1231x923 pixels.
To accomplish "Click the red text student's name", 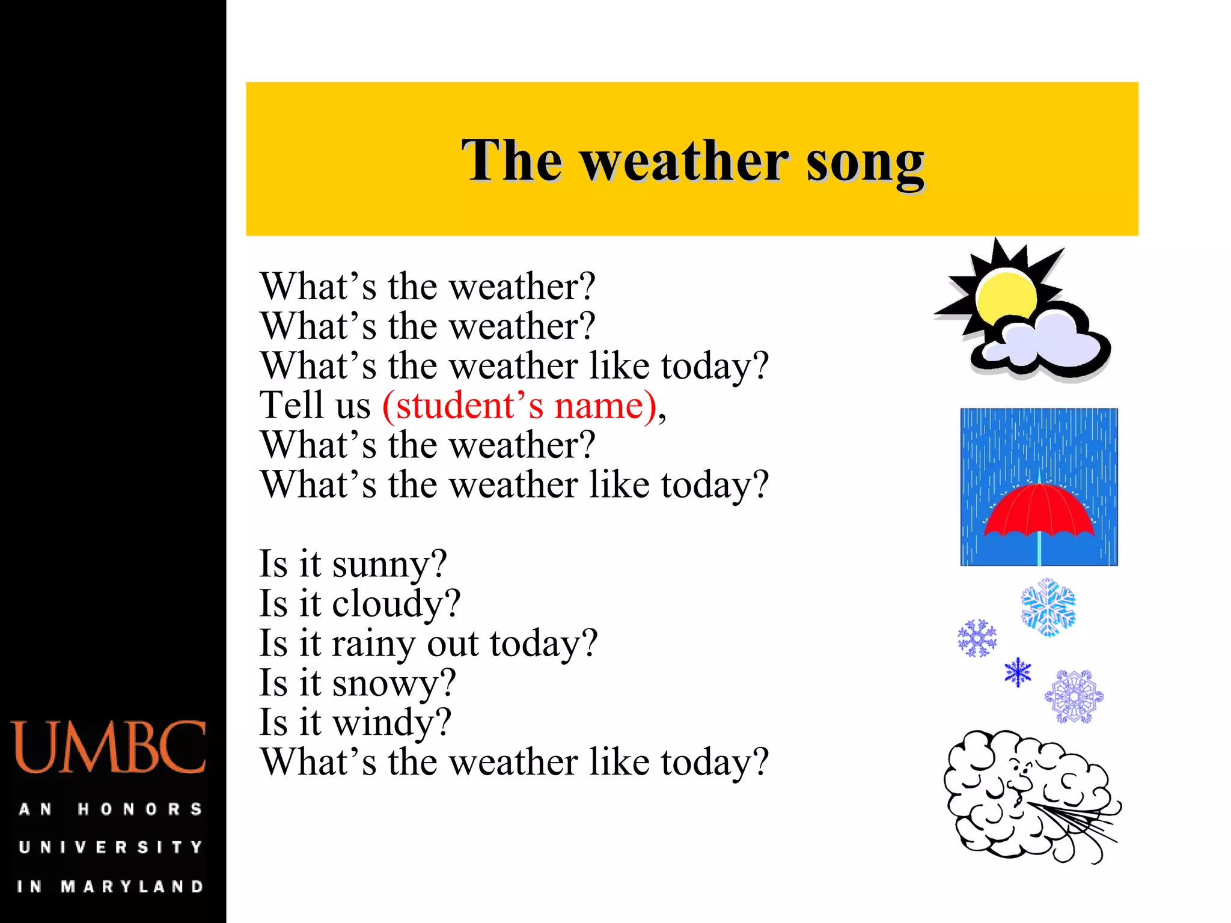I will (x=519, y=406).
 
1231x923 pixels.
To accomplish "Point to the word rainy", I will (x=373, y=644).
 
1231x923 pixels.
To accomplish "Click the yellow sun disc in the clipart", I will (x=1005, y=297).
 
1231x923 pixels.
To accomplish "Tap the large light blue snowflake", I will (x=1048, y=607).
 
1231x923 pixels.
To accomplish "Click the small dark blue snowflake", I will (x=1018, y=672).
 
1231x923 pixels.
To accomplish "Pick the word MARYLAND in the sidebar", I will (x=132, y=886).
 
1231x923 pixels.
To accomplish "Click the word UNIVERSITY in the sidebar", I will (x=110, y=847).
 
